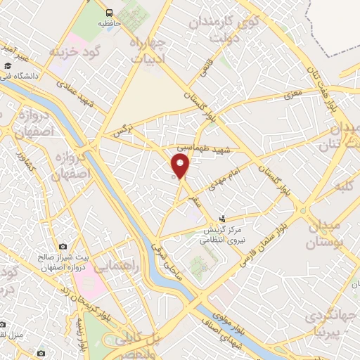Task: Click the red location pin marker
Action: (181, 167)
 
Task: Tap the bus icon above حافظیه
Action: (109, 13)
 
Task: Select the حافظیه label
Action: (109, 23)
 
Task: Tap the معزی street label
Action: (292, 93)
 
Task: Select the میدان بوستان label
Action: (323, 236)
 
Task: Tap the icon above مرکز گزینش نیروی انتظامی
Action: (223, 219)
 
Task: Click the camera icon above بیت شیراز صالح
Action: (63, 247)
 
